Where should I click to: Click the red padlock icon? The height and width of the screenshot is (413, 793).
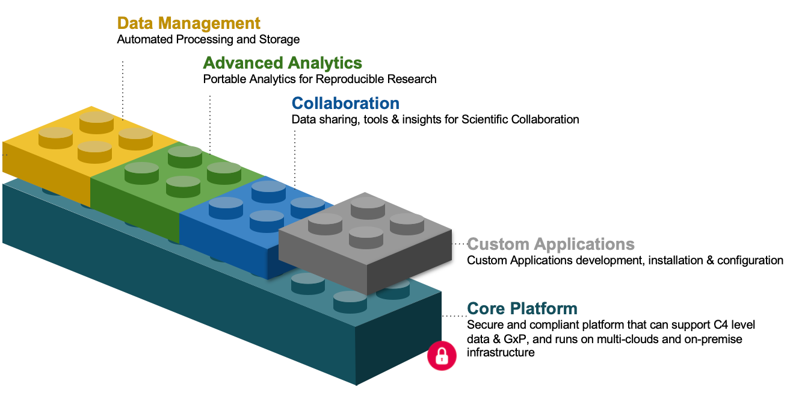click(442, 355)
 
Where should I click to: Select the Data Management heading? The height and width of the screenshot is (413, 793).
click(188, 23)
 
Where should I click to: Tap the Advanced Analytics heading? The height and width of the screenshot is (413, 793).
click(282, 63)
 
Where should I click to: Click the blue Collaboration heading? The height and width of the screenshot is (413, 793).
click(345, 103)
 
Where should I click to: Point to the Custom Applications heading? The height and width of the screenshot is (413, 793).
click(551, 244)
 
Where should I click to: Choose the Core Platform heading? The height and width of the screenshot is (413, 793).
click(522, 308)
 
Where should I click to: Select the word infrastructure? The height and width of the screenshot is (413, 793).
click(500, 353)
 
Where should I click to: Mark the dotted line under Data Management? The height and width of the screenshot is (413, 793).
click(123, 87)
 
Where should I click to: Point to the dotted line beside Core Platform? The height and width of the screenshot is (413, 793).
click(454, 315)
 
